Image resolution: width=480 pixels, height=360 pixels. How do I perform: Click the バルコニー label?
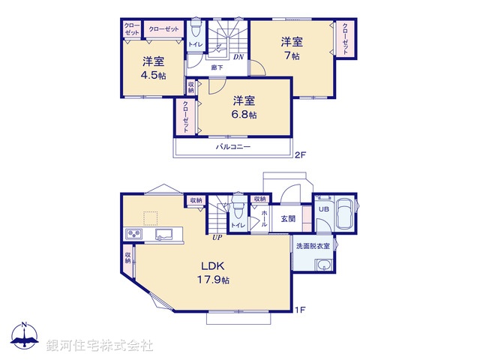[233, 147]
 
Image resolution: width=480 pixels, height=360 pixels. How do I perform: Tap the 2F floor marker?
[300, 156]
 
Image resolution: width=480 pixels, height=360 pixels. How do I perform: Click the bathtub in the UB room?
[345, 215]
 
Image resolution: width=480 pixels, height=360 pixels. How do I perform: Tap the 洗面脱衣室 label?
[316, 246]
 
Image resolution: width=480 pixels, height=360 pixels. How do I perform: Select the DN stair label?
[238, 57]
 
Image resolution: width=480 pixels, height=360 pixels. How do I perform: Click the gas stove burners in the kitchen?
[134, 235]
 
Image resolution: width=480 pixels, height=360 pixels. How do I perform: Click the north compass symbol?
[25, 336]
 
